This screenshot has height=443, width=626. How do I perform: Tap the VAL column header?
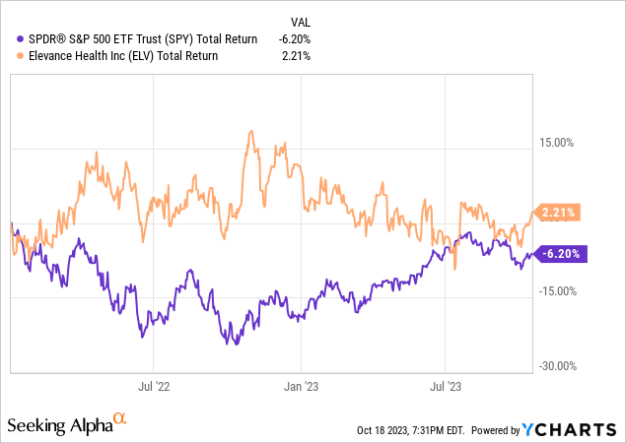(x=300, y=23)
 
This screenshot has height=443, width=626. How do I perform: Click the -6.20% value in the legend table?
(x=294, y=39)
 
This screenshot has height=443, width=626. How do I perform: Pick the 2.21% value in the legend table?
(x=297, y=56)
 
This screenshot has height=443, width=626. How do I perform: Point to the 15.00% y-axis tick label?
(x=559, y=143)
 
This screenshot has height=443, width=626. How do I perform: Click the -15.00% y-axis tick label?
(x=557, y=291)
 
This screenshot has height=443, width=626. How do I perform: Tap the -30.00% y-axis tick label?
(x=557, y=366)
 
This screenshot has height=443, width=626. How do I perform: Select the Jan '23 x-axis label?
(x=301, y=388)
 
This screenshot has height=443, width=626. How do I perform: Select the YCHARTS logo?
(x=570, y=430)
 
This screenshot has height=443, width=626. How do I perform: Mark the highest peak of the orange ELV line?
(x=251, y=131)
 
